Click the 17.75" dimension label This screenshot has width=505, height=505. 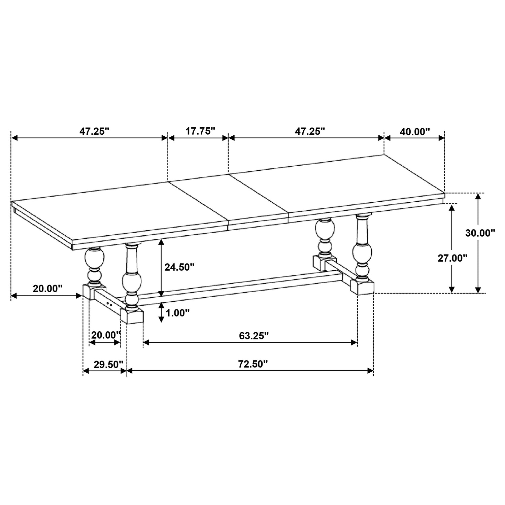coord(200,131)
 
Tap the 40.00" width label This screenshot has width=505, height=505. coord(415,131)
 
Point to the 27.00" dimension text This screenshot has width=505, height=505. coord(452,258)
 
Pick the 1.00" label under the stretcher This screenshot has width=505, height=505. coord(177,313)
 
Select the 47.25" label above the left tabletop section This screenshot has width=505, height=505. coord(95,131)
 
